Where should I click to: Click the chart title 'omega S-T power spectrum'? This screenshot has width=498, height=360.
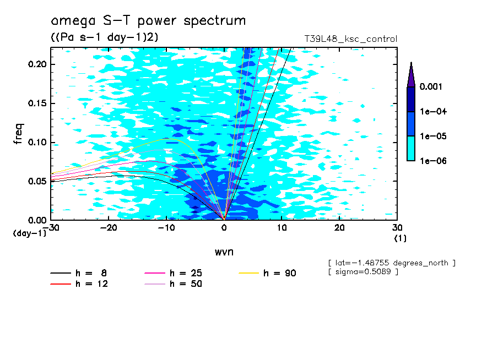(148, 21)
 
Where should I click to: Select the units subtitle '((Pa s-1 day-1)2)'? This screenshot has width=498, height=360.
(105, 37)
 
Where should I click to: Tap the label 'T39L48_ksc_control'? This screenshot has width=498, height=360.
(350, 39)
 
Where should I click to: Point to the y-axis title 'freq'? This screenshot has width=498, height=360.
(18, 134)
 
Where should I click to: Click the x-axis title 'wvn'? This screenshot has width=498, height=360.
(224, 252)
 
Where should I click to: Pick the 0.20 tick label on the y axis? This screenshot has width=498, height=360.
(37, 64)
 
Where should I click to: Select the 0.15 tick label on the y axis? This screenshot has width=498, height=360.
(37, 103)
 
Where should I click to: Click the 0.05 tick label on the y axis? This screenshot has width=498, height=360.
(37, 181)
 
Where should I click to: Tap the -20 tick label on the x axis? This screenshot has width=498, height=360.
(109, 228)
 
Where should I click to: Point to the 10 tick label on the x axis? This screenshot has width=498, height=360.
(282, 228)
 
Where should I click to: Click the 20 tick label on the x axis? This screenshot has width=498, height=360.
(339, 228)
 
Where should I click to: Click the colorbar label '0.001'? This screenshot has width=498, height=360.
(431, 86)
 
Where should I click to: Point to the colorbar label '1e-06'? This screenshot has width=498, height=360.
(433, 161)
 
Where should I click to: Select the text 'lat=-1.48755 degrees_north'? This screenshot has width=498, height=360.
(392, 263)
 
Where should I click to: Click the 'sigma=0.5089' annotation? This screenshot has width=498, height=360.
(363, 272)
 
